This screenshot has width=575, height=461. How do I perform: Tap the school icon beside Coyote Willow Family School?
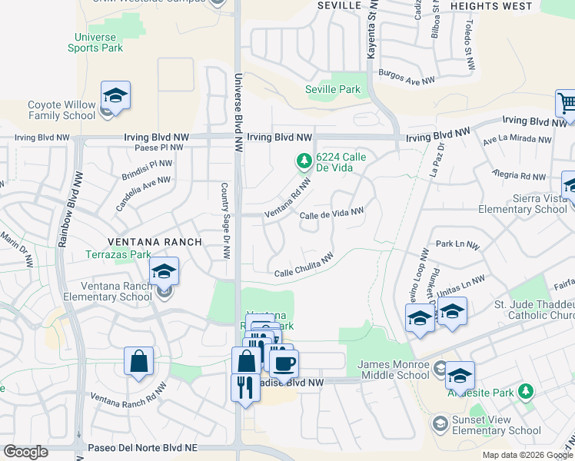coord(115,95)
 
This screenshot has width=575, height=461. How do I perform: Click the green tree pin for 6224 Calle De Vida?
coord(304,161)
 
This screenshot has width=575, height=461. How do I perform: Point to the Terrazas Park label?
coord(118,254)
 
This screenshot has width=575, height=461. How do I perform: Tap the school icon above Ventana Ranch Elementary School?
coord(164,271)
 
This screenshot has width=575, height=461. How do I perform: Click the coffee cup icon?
coord(284,363)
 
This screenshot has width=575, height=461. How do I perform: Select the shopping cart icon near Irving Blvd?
coord(567,103)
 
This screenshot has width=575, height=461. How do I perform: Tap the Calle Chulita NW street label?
coord(304,266)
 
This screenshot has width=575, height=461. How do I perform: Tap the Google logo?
coord(26,452)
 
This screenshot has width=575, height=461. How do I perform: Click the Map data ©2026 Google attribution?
coord(527,455)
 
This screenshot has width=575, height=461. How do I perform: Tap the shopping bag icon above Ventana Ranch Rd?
coord(138,361)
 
